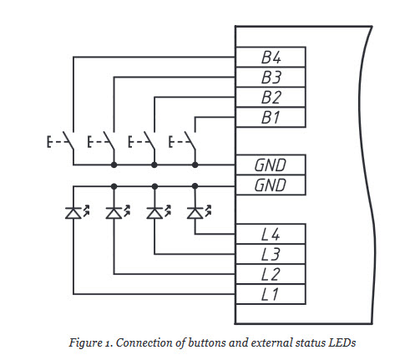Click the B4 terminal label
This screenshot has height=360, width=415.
(271, 58)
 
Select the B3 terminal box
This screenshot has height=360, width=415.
(271, 77)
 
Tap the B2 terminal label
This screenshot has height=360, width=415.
(271, 98)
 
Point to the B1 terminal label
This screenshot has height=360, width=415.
(271, 118)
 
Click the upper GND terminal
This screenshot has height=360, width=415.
(271, 165)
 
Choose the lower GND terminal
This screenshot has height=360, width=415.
(271, 185)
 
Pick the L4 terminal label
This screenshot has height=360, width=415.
(271, 235)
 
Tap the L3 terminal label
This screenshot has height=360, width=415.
(271, 255)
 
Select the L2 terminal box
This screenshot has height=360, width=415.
(271, 275)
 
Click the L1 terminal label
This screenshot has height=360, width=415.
(270, 295)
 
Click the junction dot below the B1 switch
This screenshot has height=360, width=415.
(195, 165)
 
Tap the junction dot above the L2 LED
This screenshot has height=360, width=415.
(114, 186)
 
